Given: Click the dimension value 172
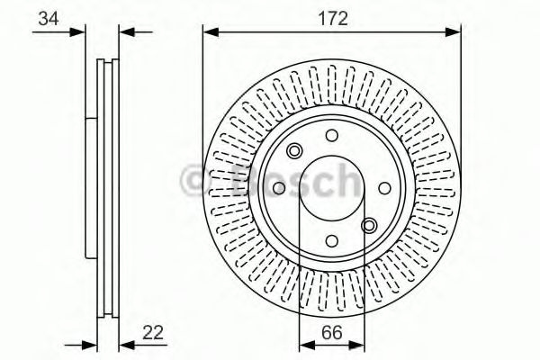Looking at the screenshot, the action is [x=332, y=18].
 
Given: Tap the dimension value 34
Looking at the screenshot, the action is [x=49, y=18].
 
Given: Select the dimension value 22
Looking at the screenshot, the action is [x=153, y=332].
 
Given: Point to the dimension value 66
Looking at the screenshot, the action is [x=332, y=333].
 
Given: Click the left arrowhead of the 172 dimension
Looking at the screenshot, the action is [x=211, y=32].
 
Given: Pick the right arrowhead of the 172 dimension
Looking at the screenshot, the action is [x=453, y=32].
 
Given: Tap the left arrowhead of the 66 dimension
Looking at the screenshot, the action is [x=307, y=345].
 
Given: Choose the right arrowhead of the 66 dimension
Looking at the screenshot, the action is [x=356, y=345].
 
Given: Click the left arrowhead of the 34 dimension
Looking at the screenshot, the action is [x=77, y=32].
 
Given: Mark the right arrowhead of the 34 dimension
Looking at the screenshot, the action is [x=126, y=32].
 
